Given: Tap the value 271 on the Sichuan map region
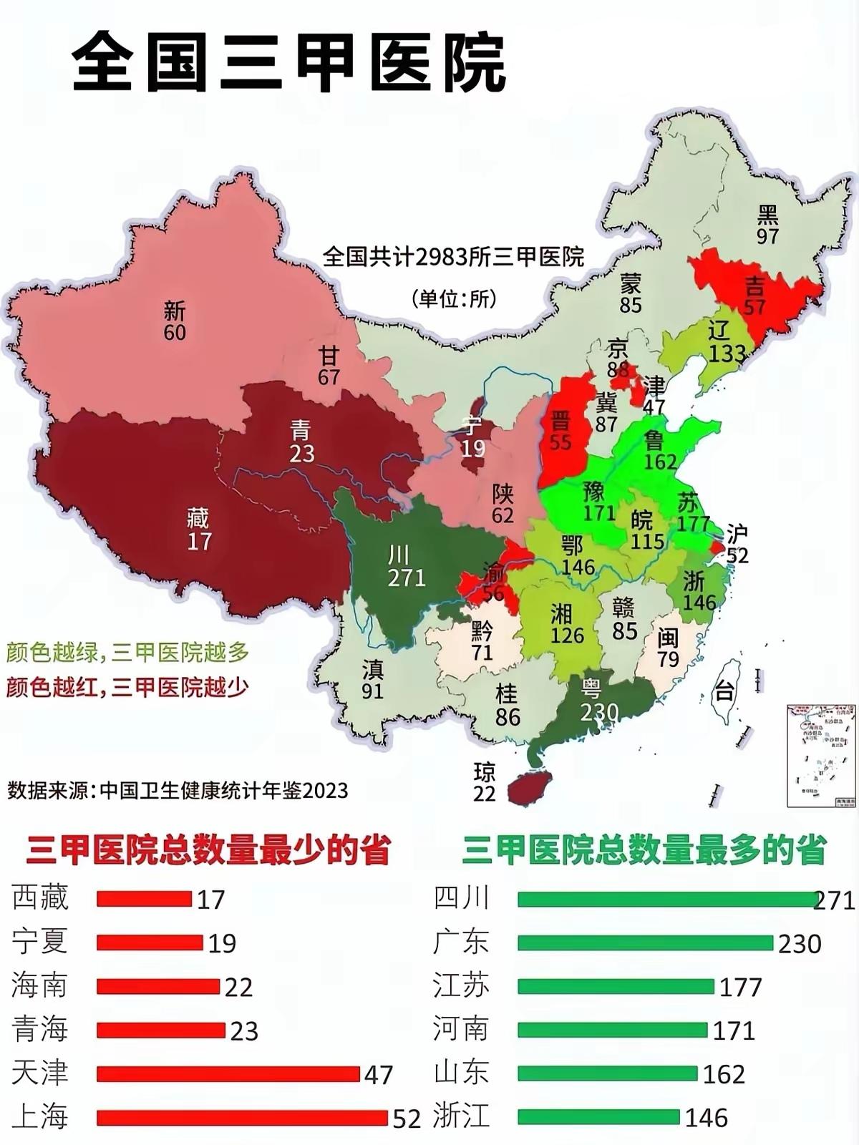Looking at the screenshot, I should pos(407,577).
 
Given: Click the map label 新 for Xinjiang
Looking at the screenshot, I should pos(175,311).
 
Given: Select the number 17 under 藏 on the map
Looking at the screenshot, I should pos(199,541).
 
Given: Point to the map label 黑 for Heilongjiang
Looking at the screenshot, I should pos(767,213).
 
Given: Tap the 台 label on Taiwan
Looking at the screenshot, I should pos(724,691).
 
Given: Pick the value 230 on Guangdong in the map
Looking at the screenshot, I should pos(599,712).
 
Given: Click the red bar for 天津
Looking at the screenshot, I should pos(228,1073).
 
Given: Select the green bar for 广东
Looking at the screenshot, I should pos(644,942).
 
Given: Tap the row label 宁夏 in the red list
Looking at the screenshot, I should pos(40,942).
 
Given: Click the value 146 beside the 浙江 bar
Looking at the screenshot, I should pos(706,1118).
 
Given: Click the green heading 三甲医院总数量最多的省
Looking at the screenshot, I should pos(644,850).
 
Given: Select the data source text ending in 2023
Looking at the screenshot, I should pos(178,790).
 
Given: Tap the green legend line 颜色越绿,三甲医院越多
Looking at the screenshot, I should pos(127,652).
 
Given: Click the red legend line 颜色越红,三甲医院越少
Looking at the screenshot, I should pos(127,687).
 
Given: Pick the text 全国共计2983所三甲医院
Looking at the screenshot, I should pos(453,256).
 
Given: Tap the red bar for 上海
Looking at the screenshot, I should pos(242,1117).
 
